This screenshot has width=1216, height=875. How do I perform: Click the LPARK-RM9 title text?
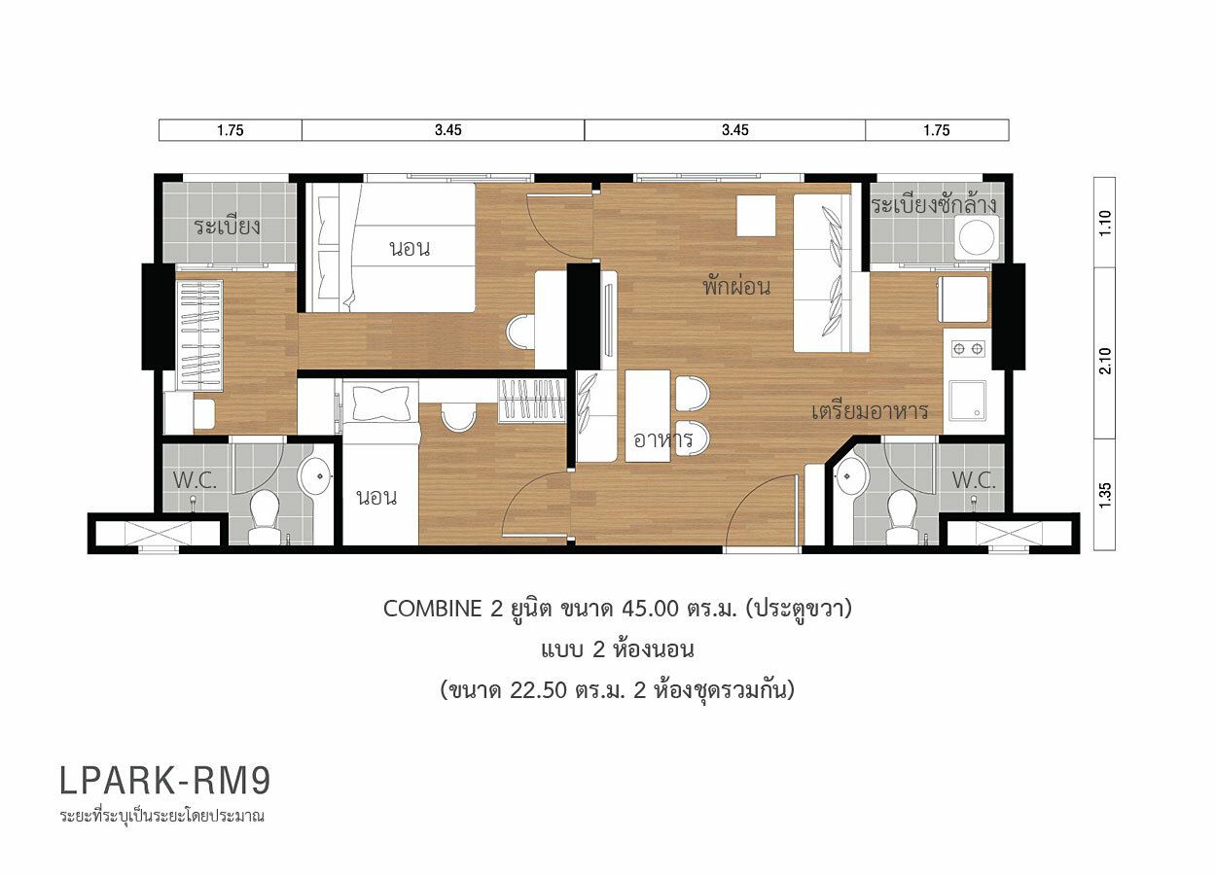pyautogui.click(x=164, y=781)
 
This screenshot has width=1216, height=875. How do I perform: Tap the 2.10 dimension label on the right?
pyautogui.click(x=1105, y=361)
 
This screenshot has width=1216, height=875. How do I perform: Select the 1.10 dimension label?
pyautogui.click(x=1105, y=223)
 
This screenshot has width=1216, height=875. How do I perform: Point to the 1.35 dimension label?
pyautogui.click(x=1105, y=495)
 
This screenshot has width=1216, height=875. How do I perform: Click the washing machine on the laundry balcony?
pyautogui.click(x=977, y=237)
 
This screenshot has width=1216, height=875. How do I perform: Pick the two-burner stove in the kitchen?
pyautogui.click(x=969, y=348)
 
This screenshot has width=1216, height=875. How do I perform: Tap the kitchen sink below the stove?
pyautogui.click(x=967, y=401)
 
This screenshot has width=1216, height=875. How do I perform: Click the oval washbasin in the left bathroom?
pyautogui.click(x=315, y=475)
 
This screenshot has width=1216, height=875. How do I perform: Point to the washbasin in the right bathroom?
pyautogui.click(x=850, y=475)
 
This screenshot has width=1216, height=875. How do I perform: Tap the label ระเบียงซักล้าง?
pyautogui.click(x=934, y=205)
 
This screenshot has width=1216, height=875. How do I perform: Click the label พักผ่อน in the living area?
pyautogui.click(x=736, y=285)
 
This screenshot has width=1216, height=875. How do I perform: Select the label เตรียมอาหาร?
pyautogui.click(x=870, y=411)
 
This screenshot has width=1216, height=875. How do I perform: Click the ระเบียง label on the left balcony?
pyautogui.click(x=228, y=227)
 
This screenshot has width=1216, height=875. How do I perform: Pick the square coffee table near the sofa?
pyautogui.click(x=756, y=216)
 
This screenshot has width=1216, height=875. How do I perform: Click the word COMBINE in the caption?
pyautogui.click(x=432, y=609)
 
